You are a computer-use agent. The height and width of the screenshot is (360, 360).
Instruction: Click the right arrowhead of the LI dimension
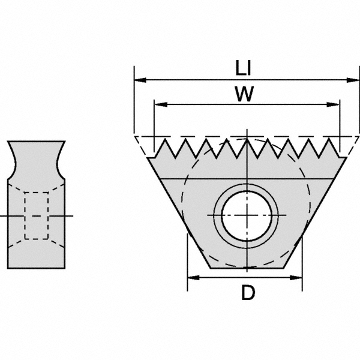(353, 79)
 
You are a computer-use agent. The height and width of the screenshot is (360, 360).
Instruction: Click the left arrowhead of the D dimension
(191, 277)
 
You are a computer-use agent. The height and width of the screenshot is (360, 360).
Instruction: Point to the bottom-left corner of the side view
(8, 268)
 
